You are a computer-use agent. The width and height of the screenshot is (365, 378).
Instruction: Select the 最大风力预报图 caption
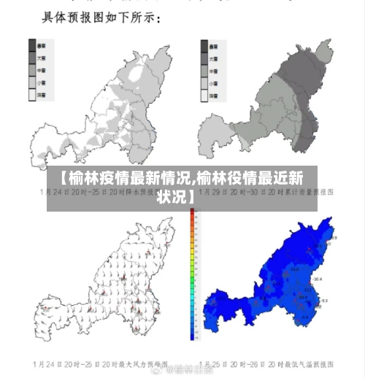point(102,363)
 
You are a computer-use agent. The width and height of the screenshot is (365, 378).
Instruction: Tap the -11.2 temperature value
point(296,269)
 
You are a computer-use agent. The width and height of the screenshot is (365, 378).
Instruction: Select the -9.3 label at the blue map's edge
point(324,301)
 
